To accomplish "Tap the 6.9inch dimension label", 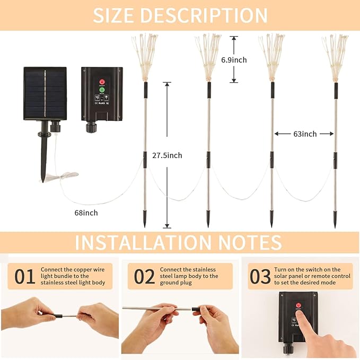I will coord(233,60).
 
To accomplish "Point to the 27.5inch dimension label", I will coord(168,155).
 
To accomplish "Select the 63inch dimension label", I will coord(305,134).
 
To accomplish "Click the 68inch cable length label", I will coord(86,213).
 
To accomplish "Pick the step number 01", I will coord(24,277).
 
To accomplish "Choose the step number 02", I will coord(144,277).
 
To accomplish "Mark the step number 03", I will coord(260,277).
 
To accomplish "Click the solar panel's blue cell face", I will coord(45,93).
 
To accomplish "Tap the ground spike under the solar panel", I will coord(43,159).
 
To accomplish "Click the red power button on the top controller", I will coord(102,82).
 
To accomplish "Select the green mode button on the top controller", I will coord(102,91).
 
